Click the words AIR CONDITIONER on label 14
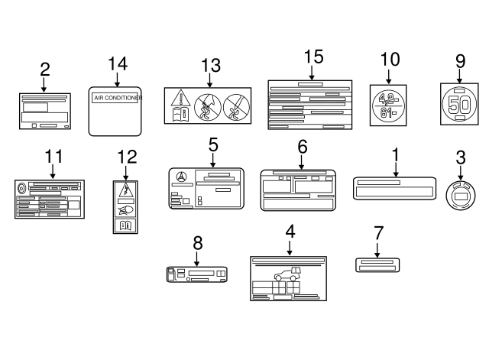[x=115, y=99]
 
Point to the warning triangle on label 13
[x=180, y=98]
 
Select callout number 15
[x=313, y=57]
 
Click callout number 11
[x=52, y=156]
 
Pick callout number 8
[x=197, y=243]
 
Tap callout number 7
[x=378, y=232]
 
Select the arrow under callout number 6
[x=302, y=161]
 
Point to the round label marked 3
[x=461, y=196]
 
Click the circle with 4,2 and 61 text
[x=388, y=105]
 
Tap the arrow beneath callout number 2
[x=44, y=85]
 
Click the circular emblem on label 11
[x=21, y=187]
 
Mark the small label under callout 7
[x=378, y=264]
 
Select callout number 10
[x=389, y=58]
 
